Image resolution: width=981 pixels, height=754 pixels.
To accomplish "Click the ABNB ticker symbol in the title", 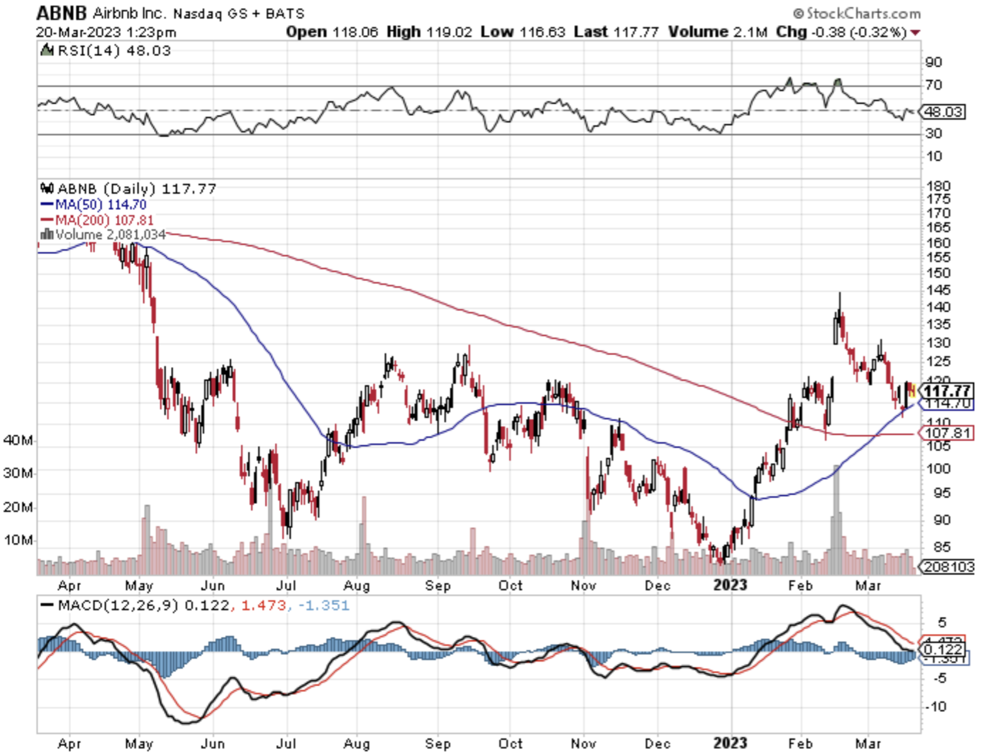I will tap(62, 13).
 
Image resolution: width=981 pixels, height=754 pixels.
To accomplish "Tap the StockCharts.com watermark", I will tap(856, 13).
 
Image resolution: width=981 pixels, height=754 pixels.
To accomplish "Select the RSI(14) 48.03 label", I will tap(113, 50).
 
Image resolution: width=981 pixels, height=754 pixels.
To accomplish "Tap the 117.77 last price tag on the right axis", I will tap(947, 391).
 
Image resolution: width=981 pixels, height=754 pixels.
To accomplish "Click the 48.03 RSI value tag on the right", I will tap(943, 112).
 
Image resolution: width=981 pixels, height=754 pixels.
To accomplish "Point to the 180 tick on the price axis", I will tap(938, 186).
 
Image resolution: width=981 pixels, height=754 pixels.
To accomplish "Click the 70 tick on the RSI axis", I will tap(933, 85).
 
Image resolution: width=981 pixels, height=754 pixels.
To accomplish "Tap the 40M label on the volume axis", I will tap(18, 440).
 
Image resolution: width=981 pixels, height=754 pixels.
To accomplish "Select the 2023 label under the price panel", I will tap(730, 586).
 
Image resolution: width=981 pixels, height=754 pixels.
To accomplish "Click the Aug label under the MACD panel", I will tap(357, 744).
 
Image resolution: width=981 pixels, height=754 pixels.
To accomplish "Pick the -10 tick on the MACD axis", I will tap(935, 707).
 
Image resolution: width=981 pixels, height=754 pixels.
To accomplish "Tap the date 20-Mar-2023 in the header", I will tap(78, 32).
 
